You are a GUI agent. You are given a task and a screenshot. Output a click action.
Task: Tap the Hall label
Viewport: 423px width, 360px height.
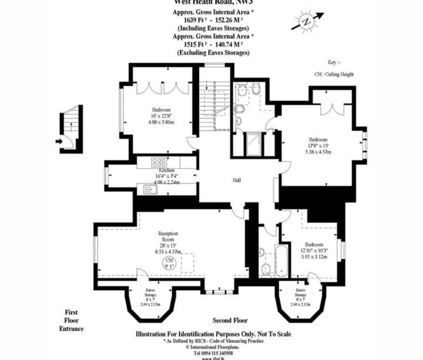237,180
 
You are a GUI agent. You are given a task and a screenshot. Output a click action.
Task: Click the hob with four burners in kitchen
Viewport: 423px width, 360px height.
159,162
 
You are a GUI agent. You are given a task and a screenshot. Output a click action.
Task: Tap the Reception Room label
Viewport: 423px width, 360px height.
168,237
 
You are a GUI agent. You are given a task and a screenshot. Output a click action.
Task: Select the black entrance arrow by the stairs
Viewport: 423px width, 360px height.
58,141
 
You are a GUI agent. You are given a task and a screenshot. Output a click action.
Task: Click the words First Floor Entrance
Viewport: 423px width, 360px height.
72,320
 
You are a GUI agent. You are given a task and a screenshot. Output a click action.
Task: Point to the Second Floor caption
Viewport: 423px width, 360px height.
230,321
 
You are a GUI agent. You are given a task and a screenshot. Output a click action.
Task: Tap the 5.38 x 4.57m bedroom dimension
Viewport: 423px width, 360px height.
318,152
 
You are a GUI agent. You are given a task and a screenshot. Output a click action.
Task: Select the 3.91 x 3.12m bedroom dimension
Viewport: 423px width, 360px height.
314,256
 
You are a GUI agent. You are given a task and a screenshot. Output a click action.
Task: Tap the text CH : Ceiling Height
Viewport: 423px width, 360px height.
333,74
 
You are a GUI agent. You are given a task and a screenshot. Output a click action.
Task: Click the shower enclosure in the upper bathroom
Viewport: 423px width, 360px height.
253,144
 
